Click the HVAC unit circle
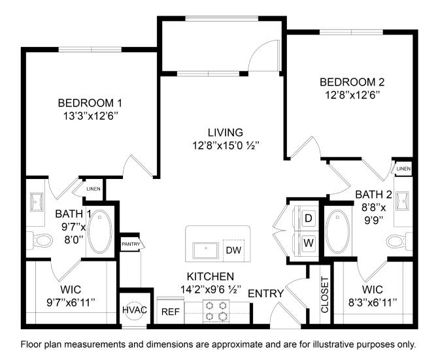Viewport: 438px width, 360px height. click(135, 310)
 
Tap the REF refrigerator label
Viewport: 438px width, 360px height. click(171, 312)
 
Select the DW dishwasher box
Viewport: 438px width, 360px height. click(233, 250)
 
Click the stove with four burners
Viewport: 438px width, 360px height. click(216, 311)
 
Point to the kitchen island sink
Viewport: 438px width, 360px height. click(206, 250)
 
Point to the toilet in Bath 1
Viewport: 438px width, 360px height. click(41, 240)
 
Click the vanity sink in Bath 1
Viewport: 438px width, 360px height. click(37, 202)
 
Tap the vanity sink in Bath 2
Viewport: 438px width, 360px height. click(401, 201)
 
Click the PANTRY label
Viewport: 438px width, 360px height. click(131, 244)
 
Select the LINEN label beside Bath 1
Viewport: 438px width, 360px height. click(93, 189)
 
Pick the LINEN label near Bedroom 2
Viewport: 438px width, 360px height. click(403, 169)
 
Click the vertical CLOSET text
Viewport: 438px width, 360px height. click(325, 295)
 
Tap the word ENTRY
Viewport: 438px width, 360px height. click(265, 293)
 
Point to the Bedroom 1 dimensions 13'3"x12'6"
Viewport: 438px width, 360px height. click(90, 116)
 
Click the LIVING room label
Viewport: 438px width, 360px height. click(226, 132)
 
